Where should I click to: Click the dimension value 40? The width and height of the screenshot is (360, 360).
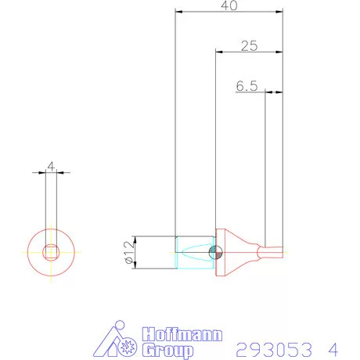point(229,5)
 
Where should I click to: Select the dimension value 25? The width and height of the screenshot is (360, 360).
point(249,45)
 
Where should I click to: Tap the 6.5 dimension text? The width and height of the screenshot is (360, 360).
point(246,86)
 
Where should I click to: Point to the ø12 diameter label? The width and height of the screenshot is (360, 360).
point(130,252)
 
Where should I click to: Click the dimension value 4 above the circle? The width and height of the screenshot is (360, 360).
point(51,166)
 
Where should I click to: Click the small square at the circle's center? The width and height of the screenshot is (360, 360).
point(52,251)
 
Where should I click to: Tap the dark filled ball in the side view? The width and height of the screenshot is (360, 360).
point(218,251)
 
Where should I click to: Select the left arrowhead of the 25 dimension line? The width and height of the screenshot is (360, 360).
point(218,52)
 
